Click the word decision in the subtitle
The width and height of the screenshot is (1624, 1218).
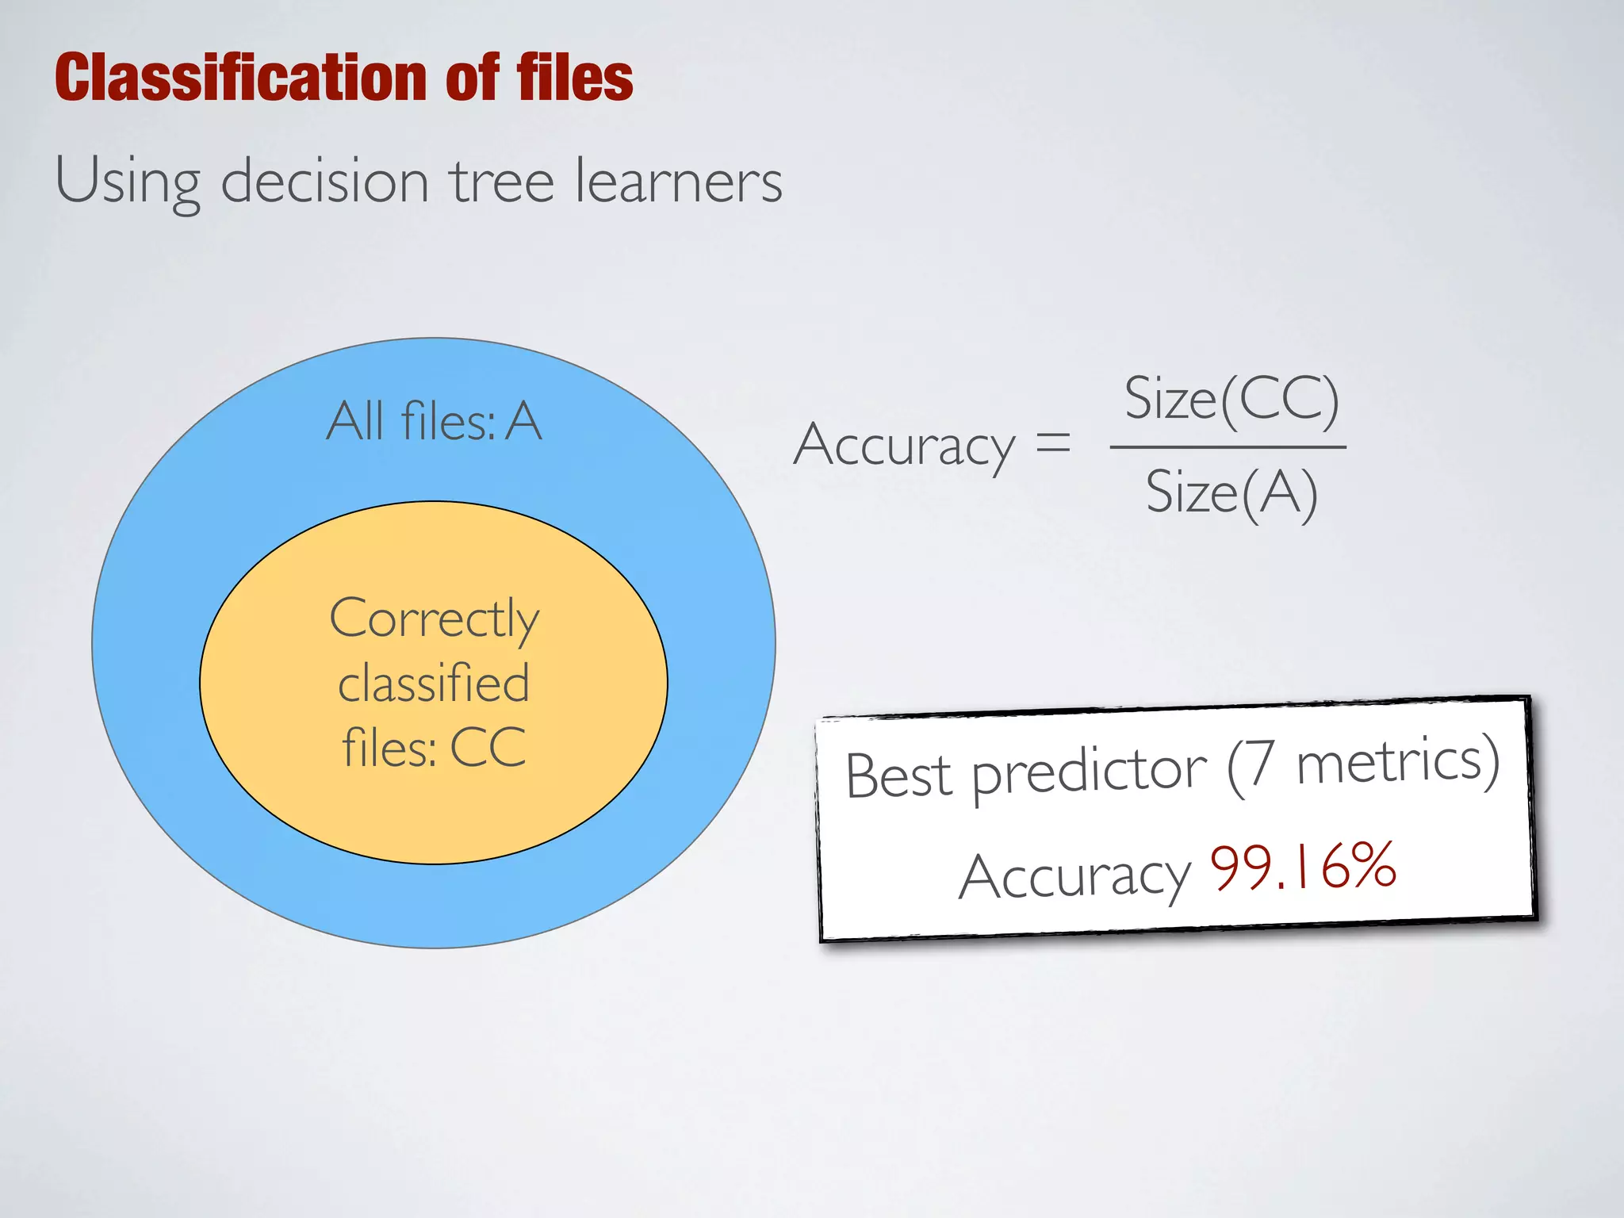(325, 181)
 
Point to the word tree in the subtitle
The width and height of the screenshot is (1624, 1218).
(503, 181)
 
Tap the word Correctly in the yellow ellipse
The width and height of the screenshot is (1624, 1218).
(435, 620)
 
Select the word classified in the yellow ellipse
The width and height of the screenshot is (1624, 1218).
(434, 684)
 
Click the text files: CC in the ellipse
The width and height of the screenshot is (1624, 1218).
(434, 747)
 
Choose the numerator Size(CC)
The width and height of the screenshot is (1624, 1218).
(1231, 399)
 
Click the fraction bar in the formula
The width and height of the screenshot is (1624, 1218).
(1228, 447)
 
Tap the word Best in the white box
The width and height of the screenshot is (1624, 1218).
(898, 776)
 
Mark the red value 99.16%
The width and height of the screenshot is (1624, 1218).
(1303, 866)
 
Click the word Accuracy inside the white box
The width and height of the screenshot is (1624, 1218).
(1074, 877)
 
